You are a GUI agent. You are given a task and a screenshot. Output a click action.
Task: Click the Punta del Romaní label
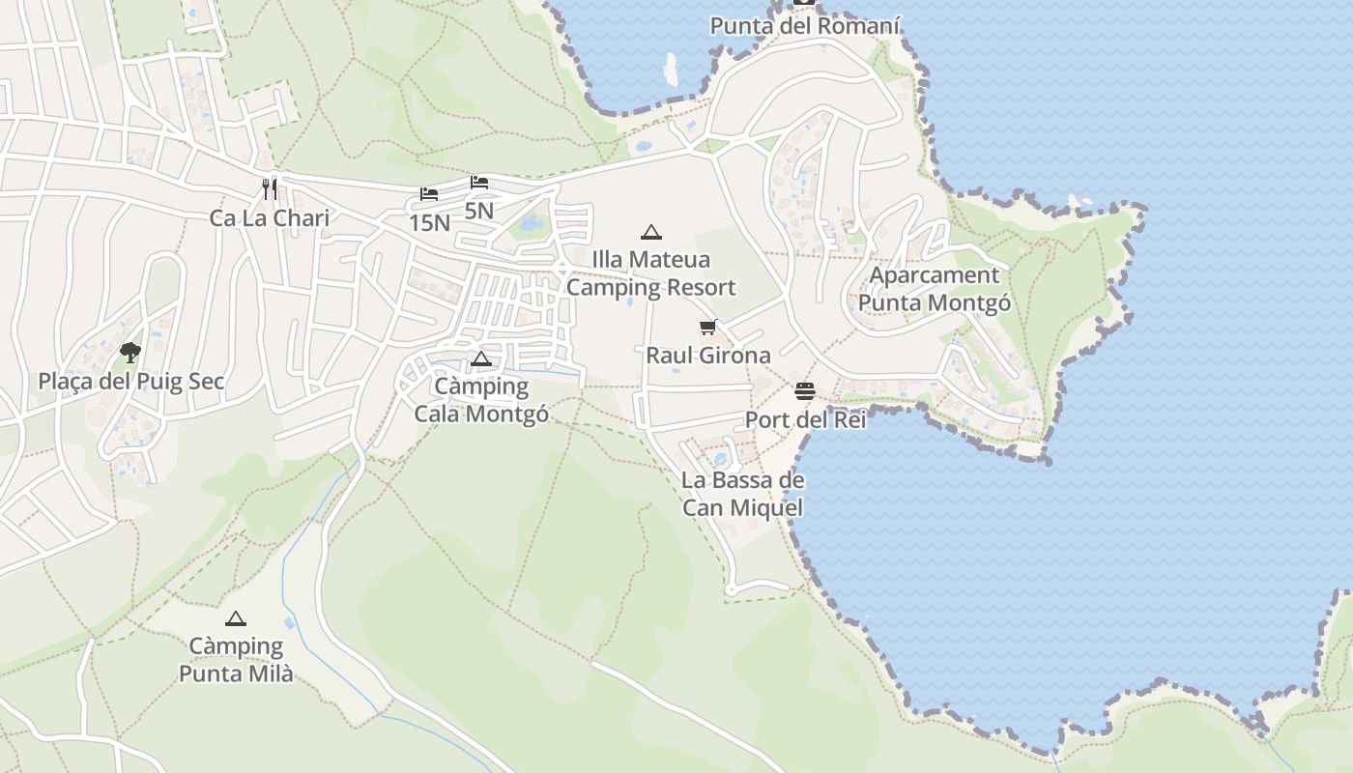click(x=805, y=26)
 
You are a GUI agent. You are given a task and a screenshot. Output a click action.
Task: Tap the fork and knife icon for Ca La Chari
click(x=270, y=188)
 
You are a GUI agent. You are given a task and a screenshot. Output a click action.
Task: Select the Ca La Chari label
click(x=270, y=218)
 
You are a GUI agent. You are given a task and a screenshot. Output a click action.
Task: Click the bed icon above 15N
click(x=429, y=194)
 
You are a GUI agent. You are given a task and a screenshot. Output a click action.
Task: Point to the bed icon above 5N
click(x=479, y=183)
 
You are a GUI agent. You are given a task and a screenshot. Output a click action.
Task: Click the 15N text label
click(x=429, y=223)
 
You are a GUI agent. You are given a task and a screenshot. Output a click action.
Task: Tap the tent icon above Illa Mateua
click(x=651, y=232)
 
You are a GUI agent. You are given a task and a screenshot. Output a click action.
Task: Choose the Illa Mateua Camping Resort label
click(x=651, y=273)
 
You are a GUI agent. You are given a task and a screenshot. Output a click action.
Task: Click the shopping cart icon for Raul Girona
click(x=708, y=328)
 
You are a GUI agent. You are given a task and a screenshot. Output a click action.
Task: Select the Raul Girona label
click(x=708, y=356)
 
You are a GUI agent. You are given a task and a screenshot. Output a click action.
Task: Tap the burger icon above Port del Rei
click(x=805, y=391)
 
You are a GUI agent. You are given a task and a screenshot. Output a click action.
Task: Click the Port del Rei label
click(x=805, y=421)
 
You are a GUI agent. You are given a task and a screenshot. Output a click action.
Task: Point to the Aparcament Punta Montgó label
click(x=935, y=289)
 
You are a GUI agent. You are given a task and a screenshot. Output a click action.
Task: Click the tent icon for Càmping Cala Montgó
click(x=481, y=360)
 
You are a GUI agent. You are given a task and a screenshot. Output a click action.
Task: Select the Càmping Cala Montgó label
click(x=481, y=400)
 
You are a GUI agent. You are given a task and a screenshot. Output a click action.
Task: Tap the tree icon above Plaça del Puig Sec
click(x=130, y=352)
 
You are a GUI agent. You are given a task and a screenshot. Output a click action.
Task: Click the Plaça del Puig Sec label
click(x=131, y=382)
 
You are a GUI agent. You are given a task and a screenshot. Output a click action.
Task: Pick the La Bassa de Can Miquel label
click(x=742, y=494)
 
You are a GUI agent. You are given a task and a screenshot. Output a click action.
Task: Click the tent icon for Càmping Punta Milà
click(x=236, y=618)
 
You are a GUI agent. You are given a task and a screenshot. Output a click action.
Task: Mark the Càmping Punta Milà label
click(x=236, y=660)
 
